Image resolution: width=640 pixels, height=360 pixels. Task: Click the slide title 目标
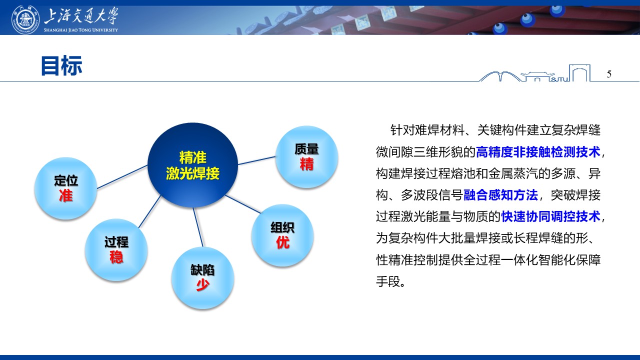pyautogui.click(x=61, y=65)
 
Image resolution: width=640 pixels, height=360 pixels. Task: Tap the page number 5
pyautogui.click(x=609, y=74)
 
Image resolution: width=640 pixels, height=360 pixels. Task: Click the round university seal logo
pyautogui.click(x=25, y=19)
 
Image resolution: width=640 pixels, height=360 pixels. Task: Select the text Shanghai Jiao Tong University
pyautogui.click(x=81, y=29)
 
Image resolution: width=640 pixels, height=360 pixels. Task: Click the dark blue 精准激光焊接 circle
pyautogui.click(x=193, y=165)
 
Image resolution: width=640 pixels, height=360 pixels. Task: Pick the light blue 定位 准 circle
pyautogui.click(x=65, y=188)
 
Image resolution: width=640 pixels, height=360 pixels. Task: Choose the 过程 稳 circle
pyautogui.click(x=116, y=249)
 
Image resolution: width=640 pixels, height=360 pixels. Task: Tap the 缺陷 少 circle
pyautogui.click(x=202, y=277)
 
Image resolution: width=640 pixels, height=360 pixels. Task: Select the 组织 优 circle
pyautogui.click(x=282, y=235)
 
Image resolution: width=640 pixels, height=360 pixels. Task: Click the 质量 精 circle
pyautogui.click(x=306, y=157)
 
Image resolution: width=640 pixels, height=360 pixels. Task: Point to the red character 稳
pyautogui.click(x=116, y=257)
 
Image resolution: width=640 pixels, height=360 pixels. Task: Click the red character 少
pyautogui.click(x=202, y=285)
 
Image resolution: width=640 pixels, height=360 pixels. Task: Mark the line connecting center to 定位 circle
pyautogui.click(x=122, y=177)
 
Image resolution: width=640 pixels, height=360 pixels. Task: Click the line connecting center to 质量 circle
pyautogui.click(x=256, y=160)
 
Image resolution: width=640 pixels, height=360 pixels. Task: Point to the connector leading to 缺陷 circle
pyautogui.click(x=198, y=227)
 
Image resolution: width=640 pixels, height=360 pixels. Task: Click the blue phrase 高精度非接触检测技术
pyautogui.click(x=538, y=151)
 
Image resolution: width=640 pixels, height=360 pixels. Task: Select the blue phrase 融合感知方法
pyautogui.click(x=500, y=195)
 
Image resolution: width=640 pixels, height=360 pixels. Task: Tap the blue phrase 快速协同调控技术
pyautogui.click(x=550, y=216)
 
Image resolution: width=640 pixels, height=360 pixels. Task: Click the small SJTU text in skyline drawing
pyautogui.click(x=559, y=79)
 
